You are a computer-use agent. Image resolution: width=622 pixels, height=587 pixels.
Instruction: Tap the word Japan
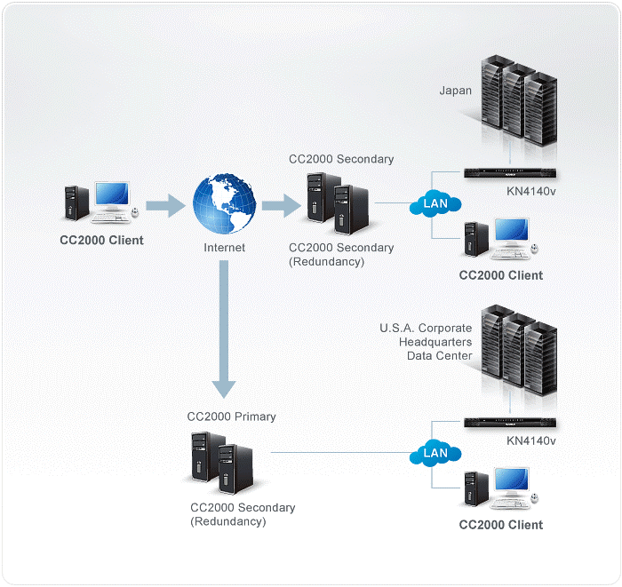(455, 90)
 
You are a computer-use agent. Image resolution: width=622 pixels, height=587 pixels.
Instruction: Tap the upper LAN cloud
(435, 203)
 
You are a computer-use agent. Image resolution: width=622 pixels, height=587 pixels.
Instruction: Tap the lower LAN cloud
(435, 453)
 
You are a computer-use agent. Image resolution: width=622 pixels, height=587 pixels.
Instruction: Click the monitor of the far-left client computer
(111, 195)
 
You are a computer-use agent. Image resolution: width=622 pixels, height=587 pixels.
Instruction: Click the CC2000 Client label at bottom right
(500, 524)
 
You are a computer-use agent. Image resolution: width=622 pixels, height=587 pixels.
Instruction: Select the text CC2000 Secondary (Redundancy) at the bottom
(243, 514)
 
